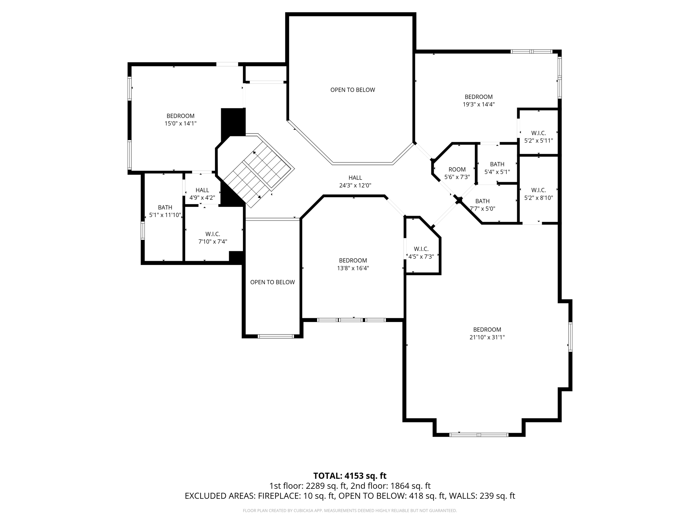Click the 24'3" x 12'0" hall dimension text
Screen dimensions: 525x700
[355, 186]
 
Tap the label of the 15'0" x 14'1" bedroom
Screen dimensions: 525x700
[180, 120]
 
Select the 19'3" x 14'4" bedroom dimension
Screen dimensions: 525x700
[479, 105]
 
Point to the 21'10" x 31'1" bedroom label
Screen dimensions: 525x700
[487, 333]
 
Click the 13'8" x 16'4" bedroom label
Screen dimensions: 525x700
[353, 264]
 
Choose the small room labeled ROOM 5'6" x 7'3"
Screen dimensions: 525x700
[457, 173]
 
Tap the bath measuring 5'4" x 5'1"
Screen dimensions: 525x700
[497, 168]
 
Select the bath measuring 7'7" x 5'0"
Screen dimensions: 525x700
[482, 205]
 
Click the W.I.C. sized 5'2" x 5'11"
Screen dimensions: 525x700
[538, 137]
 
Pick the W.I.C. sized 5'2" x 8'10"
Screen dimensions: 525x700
[538, 194]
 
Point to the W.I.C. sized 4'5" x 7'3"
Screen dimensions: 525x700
[421, 253]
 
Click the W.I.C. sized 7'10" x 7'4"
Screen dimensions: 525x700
[213, 238]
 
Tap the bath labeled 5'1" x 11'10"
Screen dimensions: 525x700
[165, 211]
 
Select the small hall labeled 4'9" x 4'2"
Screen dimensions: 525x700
[202, 194]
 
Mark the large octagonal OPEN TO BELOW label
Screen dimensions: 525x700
[352, 90]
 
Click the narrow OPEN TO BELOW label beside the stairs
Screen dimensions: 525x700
[272, 282]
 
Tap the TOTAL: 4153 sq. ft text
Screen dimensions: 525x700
[350, 476]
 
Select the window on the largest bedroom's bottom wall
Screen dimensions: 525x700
[479, 435]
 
